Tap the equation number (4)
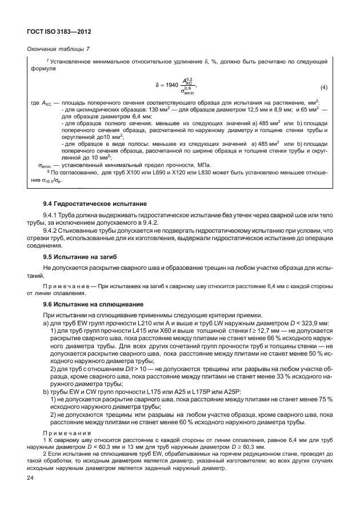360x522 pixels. point(323,87)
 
